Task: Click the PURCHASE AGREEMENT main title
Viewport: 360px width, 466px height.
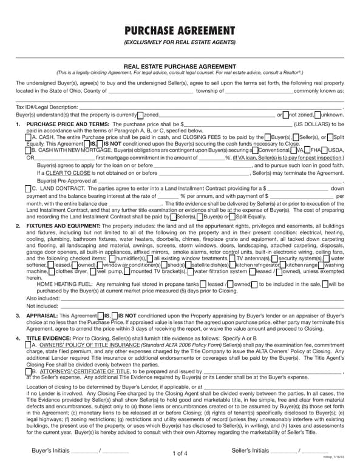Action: coord(180,32)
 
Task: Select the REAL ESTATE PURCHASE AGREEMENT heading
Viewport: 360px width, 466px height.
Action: coord(180,66)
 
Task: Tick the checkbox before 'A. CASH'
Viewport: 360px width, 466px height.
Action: coord(29,137)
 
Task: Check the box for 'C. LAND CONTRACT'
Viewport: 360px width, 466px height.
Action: coord(29,189)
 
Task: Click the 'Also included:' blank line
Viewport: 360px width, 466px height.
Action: coord(194,299)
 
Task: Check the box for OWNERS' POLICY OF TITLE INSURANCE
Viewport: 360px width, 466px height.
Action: coord(29,345)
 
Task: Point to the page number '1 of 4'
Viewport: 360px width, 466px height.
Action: coord(180,453)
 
